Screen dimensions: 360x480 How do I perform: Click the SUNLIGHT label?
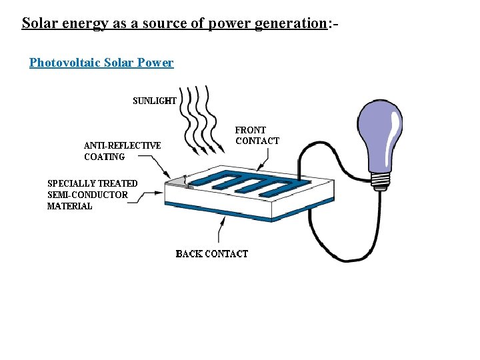click(155, 101)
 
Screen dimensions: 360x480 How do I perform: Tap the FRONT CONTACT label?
click(257, 135)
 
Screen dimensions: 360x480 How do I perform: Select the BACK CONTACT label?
click(211, 253)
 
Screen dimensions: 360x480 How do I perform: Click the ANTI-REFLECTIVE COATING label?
click(122, 151)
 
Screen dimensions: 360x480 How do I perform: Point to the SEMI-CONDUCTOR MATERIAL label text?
click(92, 195)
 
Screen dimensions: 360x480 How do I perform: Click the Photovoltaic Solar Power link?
click(101, 63)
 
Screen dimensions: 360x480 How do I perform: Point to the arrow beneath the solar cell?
click(219, 230)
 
